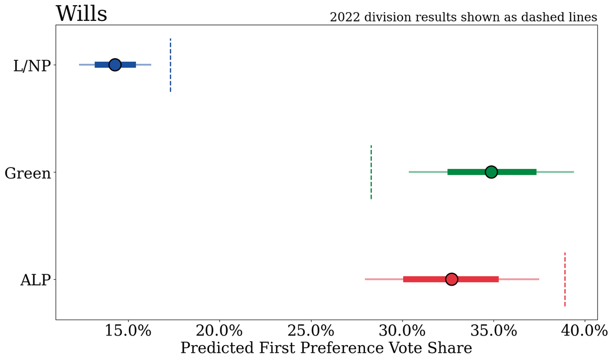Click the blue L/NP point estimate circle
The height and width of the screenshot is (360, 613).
click(x=115, y=65)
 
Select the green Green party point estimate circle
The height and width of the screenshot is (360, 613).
click(x=491, y=172)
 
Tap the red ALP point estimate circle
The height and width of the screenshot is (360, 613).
click(x=452, y=279)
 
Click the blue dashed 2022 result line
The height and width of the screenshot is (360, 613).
click(x=171, y=65)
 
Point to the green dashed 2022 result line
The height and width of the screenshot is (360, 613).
click(x=371, y=172)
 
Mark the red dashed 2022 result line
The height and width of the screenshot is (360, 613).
click(x=565, y=279)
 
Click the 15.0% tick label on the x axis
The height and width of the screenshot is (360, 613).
click(x=128, y=331)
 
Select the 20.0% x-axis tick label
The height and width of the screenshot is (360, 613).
click(x=219, y=331)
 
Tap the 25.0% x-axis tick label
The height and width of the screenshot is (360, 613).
click(x=311, y=331)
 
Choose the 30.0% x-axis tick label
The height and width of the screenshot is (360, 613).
click(x=403, y=331)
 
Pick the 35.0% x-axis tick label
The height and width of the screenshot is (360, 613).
click(x=493, y=331)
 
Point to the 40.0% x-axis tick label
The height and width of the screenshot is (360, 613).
click(x=584, y=331)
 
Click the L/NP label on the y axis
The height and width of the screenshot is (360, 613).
click(x=32, y=66)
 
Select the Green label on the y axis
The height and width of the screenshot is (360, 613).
click(x=28, y=174)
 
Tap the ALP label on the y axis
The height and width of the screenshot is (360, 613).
click(x=36, y=280)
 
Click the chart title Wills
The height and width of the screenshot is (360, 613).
click(x=81, y=14)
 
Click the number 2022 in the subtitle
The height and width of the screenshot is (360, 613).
click(x=345, y=17)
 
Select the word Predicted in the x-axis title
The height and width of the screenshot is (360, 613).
click(x=217, y=348)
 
